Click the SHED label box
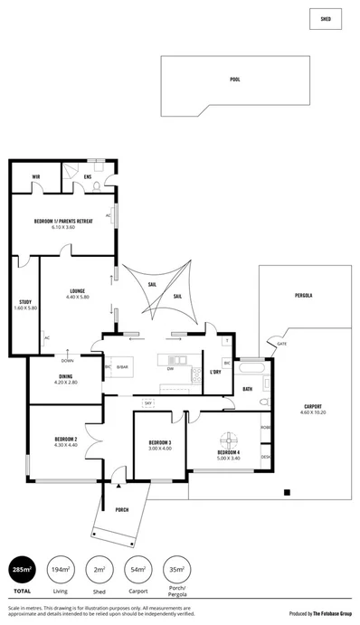(326, 17)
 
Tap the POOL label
(235, 80)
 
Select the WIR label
(35, 176)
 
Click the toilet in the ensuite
(97, 186)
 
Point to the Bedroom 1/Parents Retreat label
(63, 221)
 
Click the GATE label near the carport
(282, 345)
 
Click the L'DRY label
(215, 373)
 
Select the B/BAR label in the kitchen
(122, 368)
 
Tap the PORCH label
(122, 510)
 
